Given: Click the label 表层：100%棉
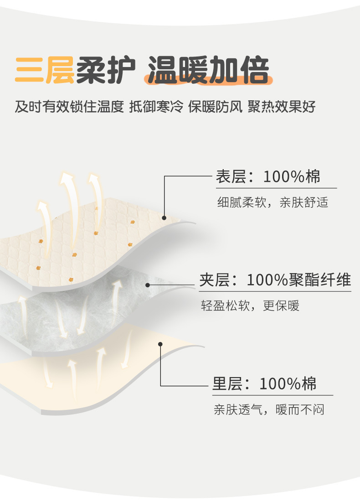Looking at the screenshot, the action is click(268, 176).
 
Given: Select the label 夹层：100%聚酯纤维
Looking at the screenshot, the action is click(275, 280).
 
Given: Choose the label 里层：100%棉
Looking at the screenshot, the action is click(264, 383).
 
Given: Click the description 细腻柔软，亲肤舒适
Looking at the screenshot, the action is click(273, 202).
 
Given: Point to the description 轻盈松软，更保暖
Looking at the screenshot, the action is click(250, 305).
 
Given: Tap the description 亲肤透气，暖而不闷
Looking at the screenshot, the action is click(269, 409).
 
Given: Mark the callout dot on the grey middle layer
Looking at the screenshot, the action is click(148, 285).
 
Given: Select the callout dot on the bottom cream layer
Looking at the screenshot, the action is click(160, 344).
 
